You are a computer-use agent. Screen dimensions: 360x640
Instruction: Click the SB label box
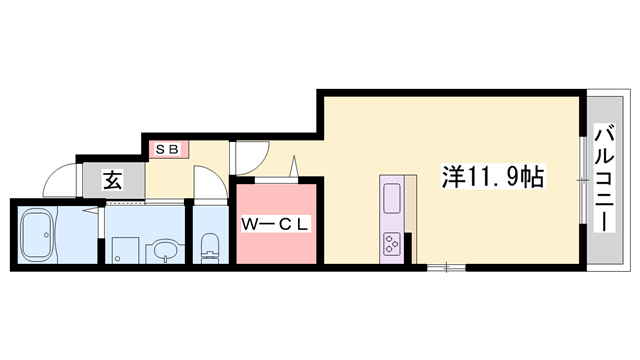(x=166, y=149)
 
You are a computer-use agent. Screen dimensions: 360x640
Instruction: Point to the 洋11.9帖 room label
(x=493, y=177)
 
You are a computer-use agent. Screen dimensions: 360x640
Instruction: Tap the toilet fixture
(x=209, y=247)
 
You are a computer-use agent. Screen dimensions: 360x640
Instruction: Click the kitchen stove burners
(x=391, y=241)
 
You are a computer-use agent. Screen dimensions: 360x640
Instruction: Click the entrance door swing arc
(x=60, y=180)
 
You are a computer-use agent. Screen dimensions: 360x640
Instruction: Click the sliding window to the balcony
(x=583, y=177)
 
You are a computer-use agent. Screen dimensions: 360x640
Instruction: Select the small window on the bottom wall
(x=442, y=266)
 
